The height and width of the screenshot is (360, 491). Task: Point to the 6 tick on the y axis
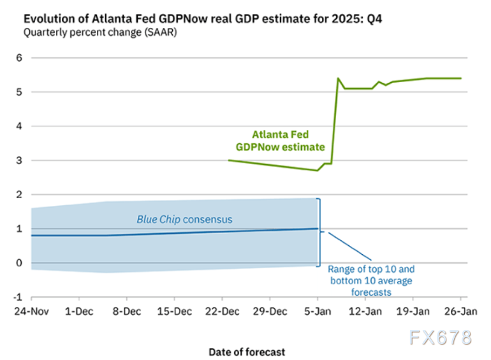click(x=19, y=58)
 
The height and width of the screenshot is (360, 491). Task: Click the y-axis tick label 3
click(x=19, y=161)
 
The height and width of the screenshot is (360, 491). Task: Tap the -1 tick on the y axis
click(x=18, y=298)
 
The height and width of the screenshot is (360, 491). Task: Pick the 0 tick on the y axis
click(x=19, y=263)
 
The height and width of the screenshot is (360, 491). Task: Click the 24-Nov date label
click(x=31, y=313)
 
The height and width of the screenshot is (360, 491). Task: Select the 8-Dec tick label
click(x=127, y=313)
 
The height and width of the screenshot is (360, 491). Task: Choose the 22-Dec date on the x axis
click(x=222, y=313)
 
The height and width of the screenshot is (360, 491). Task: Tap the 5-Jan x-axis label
click(x=318, y=313)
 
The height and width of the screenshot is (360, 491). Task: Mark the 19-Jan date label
click(x=413, y=313)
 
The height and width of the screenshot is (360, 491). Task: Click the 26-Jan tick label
click(x=460, y=313)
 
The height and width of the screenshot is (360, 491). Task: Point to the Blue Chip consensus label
click(x=184, y=219)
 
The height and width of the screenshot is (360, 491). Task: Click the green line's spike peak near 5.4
click(x=337, y=78)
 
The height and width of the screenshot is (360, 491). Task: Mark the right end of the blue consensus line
click(x=318, y=229)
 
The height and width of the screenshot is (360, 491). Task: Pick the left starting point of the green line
click(x=228, y=161)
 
